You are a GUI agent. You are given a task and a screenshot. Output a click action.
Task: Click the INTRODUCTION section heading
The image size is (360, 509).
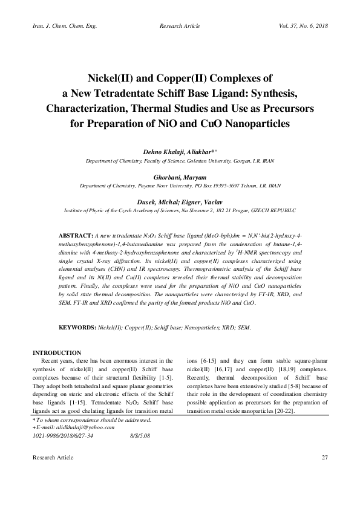click(57, 352)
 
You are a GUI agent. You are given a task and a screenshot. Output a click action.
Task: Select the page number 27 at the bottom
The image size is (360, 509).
click(324, 473)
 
